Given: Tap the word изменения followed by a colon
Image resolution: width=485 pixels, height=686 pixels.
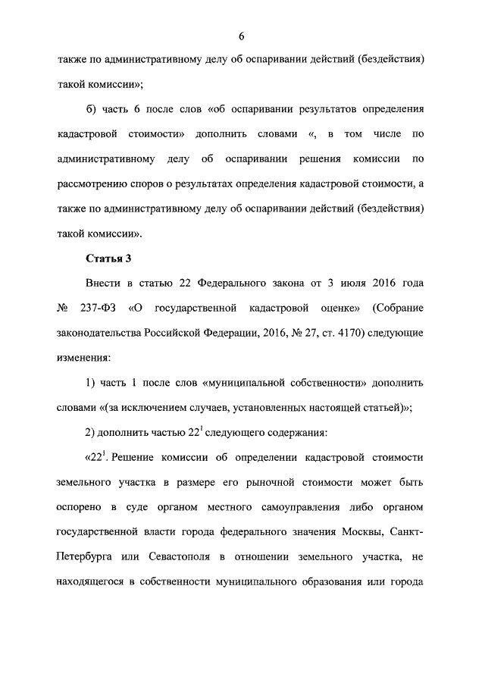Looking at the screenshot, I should click(84, 356).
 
